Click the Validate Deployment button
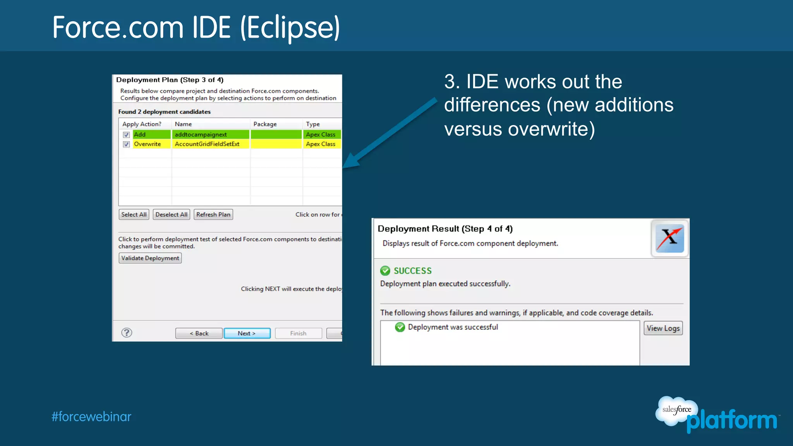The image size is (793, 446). [150, 258]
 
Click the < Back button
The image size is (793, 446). [199, 333]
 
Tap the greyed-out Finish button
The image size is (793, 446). [298, 333]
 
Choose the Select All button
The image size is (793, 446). [134, 214]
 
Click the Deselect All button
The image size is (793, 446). [172, 214]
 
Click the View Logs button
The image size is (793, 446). [663, 328]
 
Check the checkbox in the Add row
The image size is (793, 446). [126, 135]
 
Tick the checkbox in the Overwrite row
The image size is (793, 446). [126, 144]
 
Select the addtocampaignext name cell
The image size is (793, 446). [201, 135]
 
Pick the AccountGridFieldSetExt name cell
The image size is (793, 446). [207, 144]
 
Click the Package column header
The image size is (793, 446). [265, 124]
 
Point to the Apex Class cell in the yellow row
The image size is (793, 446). [321, 144]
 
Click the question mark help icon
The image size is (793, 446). [127, 333]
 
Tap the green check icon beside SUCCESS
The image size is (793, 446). [385, 271]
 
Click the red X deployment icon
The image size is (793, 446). [669, 238]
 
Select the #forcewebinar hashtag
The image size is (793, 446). [91, 417]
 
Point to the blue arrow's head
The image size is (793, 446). [349, 162]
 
